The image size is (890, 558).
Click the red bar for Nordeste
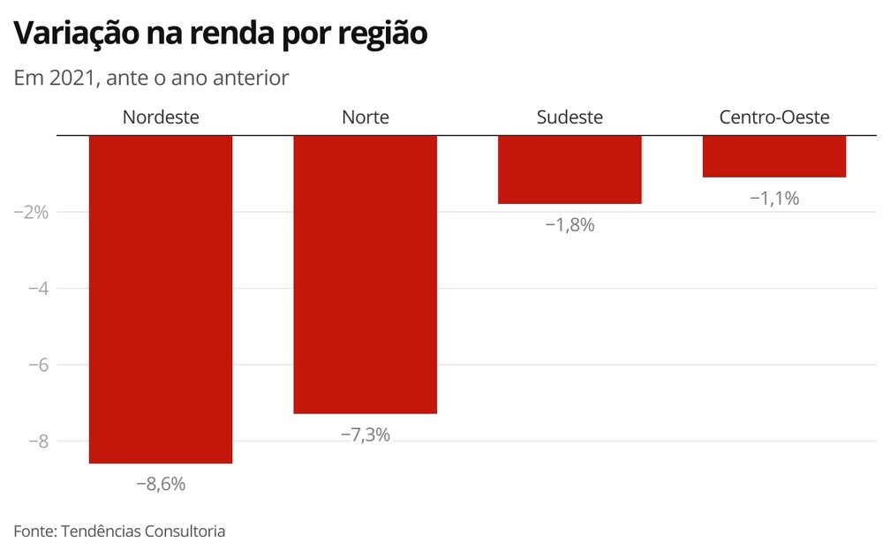(x=161, y=299)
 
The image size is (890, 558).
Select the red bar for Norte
(x=365, y=275)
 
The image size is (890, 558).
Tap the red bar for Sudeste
(x=569, y=170)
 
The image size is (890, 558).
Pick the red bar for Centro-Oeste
(x=774, y=156)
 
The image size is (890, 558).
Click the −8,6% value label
(x=161, y=484)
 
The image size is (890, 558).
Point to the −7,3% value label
(x=365, y=434)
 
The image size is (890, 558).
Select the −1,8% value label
(x=569, y=225)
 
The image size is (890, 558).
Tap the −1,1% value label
(x=774, y=199)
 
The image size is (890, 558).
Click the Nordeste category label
(x=161, y=117)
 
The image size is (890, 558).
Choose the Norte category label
(x=365, y=117)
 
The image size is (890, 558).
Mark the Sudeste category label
(x=569, y=117)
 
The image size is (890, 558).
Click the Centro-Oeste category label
(x=774, y=117)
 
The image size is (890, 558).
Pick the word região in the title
(x=383, y=34)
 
